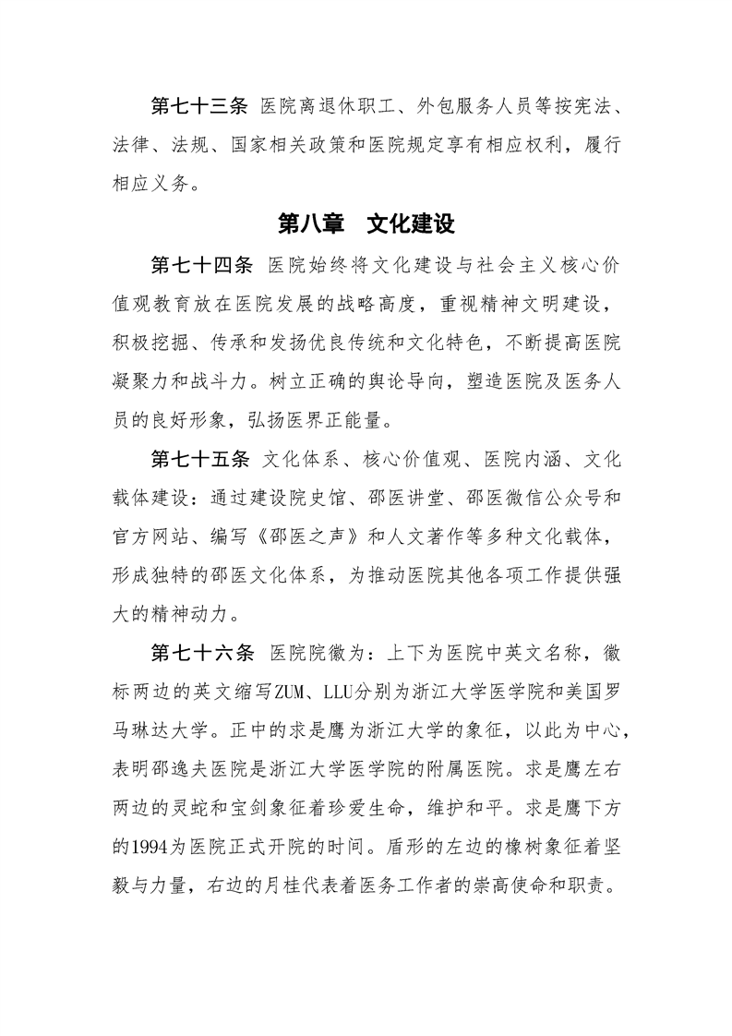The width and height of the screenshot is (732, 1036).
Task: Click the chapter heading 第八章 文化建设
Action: pos(366,224)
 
